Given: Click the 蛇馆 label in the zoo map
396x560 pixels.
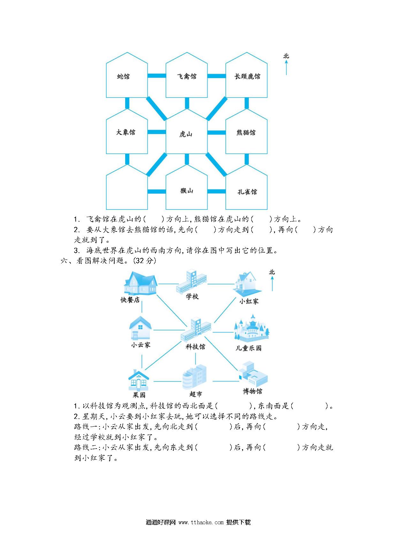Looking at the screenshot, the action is click(x=123, y=77).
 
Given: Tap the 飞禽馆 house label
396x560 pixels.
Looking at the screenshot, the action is click(x=187, y=77).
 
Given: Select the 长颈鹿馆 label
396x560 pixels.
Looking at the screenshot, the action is click(x=247, y=77).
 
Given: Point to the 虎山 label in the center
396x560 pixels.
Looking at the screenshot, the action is click(x=186, y=134).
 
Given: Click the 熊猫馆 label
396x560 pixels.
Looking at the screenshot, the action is click(x=246, y=132).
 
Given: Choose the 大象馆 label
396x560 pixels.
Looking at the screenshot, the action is click(x=126, y=132).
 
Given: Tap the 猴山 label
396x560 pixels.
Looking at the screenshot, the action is click(x=187, y=191).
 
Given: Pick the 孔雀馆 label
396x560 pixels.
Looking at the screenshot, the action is click(x=247, y=192).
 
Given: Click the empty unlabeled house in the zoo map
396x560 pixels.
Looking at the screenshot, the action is click(x=127, y=187).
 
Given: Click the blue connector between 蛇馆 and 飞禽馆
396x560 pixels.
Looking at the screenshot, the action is click(x=156, y=76).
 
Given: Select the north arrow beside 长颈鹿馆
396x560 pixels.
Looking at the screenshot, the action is click(x=286, y=68).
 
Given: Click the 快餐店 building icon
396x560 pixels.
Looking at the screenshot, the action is click(x=140, y=283).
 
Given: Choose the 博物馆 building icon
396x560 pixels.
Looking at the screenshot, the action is click(x=252, y=374).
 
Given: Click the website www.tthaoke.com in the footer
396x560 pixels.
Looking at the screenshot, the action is click(x=201, y=522).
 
